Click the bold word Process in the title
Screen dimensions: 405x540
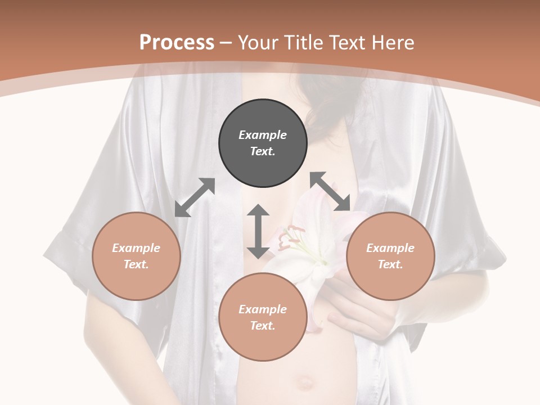pyautogui.click(x=177, y=42)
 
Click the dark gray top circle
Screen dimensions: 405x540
pyautogui.click(x=263, y=143)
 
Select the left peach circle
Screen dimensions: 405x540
pyautogui.click(x=136, y=256)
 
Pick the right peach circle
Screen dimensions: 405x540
pyautogui.click(x=390, y=256)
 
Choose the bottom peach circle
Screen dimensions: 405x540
pyautogui.click(x=263, y=317)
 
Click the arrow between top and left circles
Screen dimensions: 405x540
pyautogui.click(x=195, y=197)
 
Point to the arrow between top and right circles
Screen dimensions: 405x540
pyautogui.click(x=330, y=191)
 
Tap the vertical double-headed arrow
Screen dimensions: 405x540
pyautogui.click(x=258, y=231)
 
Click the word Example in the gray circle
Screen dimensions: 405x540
pyautogui.click(x=263, y=135)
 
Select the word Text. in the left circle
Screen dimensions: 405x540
pyautogui.click(x=136, y=264)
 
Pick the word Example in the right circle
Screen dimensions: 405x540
pyautogui.click(x=390, y=248)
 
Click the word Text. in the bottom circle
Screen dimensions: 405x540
pyautogui.click(x=263, y=326)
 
